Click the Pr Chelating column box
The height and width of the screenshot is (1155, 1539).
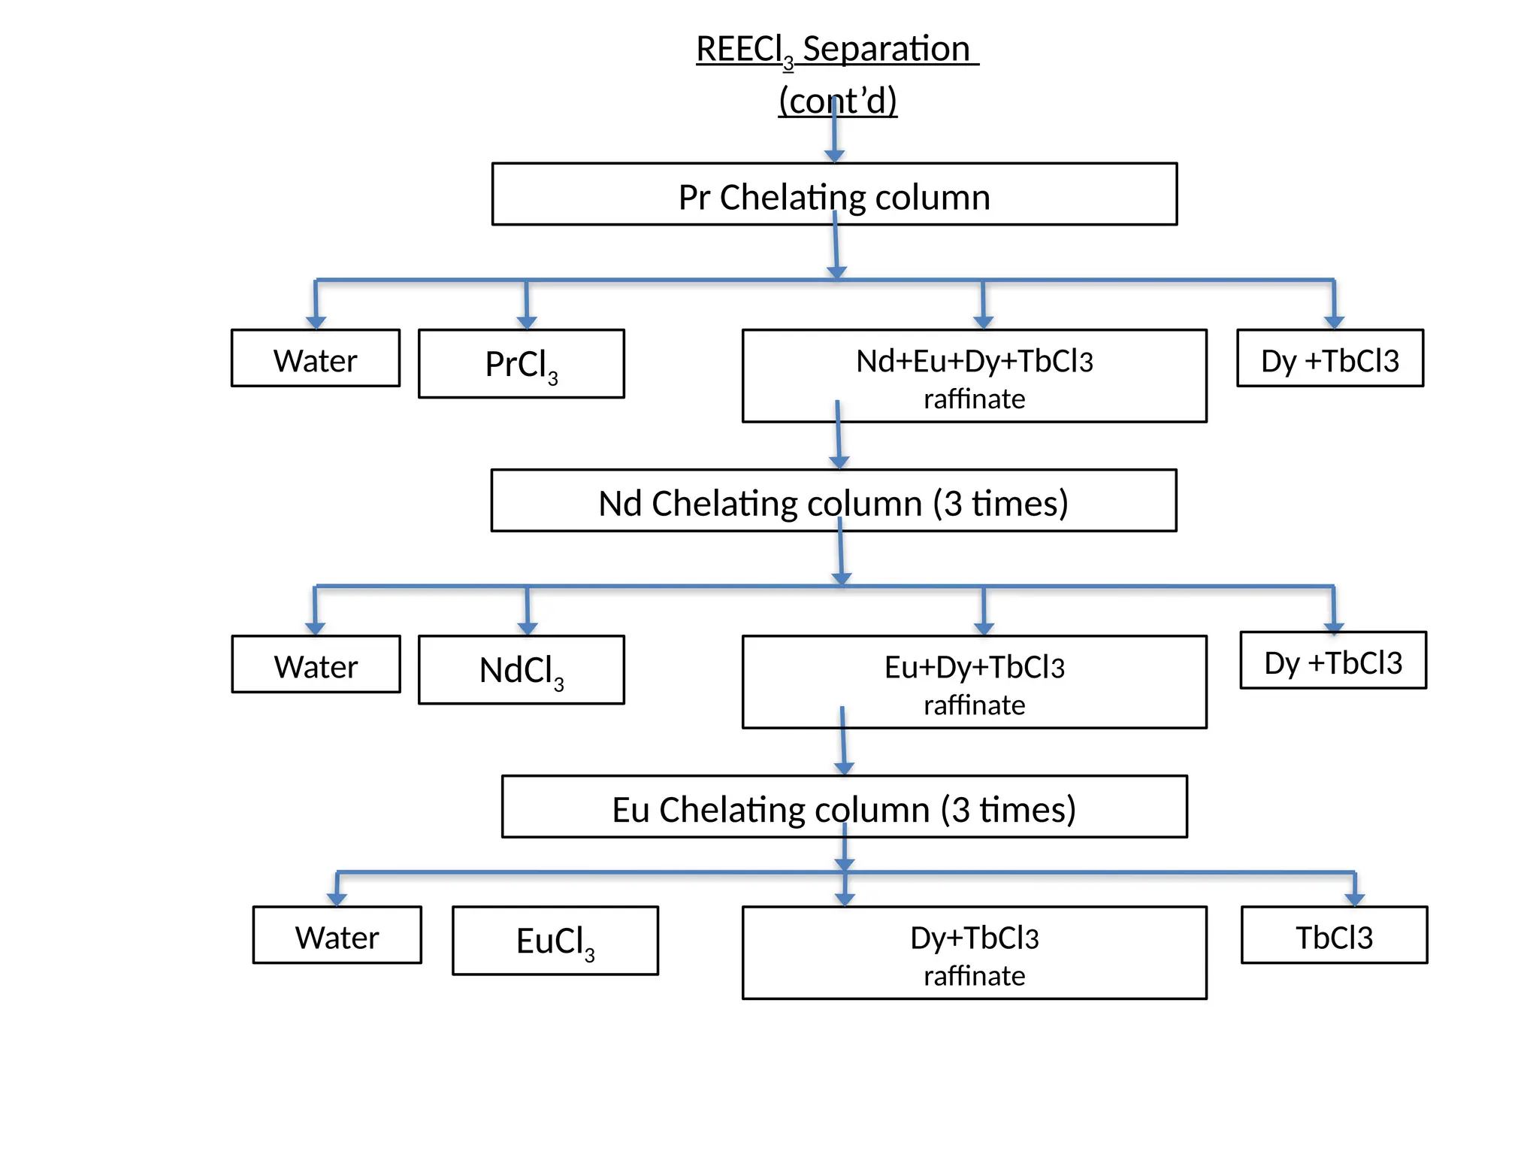click(834, 194)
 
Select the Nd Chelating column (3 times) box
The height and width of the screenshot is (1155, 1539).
click(833, 501)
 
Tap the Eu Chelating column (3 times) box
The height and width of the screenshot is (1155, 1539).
click(844, 807)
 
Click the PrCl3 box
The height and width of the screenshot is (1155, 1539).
click(521, 364)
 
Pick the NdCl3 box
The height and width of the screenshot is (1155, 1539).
click(521, 670)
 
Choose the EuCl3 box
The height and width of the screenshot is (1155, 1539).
click(555, 941)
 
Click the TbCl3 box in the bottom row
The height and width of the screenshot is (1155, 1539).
click(1334, 935)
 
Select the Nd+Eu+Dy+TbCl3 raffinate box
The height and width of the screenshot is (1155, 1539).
click(974, 376)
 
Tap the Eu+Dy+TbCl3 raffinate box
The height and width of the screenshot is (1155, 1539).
click(974, 682)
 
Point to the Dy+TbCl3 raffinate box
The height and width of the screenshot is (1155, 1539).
click(974, 953)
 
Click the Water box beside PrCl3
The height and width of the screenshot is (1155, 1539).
click(315, 359)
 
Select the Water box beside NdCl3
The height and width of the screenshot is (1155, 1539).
click(316, 665)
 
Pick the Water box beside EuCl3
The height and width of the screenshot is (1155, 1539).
click(337, 935)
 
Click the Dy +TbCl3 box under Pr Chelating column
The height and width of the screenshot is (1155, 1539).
click(1330, 359)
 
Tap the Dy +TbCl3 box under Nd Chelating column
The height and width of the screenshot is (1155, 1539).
click(1333, 660)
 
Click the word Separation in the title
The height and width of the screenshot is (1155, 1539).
click(886, 49)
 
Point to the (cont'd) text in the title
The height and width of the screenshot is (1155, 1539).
click(838, 100)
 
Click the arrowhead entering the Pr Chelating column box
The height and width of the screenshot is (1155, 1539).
click(834, 156)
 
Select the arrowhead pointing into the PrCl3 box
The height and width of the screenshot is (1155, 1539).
click(527, 322)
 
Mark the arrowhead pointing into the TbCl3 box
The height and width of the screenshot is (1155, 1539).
click(1354, 899)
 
